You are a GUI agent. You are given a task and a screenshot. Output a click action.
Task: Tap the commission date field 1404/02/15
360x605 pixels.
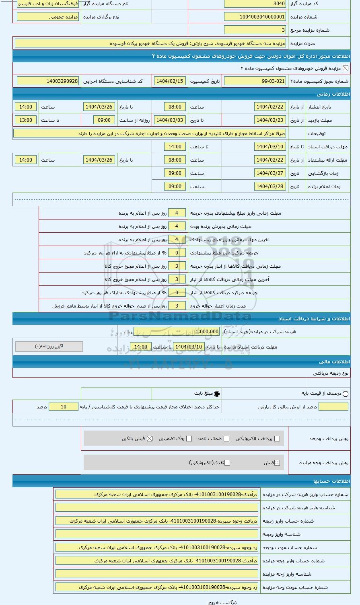click(169, 81)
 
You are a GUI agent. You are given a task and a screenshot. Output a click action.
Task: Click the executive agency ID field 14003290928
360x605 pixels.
click(48, 81)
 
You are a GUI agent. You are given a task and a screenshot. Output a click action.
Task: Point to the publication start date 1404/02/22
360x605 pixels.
click(270, 107)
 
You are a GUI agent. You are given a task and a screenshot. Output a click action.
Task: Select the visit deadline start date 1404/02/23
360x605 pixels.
click(270, 120)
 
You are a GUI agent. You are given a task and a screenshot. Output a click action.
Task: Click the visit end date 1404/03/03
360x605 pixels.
click(169, 120)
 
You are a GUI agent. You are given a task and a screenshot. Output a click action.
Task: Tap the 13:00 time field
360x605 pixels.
click(26, 120)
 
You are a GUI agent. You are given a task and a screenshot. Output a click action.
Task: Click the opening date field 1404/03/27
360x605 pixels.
click(270, 173)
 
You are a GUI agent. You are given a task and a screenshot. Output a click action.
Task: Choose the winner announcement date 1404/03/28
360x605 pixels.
click(270, 187)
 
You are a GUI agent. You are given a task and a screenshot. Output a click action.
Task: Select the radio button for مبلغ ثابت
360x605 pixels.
click(217, 394)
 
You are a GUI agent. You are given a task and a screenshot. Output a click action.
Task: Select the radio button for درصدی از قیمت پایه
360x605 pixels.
click(346, 394)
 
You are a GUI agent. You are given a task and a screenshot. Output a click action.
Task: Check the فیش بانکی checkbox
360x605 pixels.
click(150, 439)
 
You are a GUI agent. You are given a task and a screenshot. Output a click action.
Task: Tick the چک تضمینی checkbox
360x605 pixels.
click(189, 439)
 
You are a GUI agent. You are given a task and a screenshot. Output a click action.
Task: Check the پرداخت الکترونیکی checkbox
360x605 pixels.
click(277, 439)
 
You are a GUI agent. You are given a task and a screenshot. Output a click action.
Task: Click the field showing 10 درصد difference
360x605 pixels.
click(64, 407)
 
